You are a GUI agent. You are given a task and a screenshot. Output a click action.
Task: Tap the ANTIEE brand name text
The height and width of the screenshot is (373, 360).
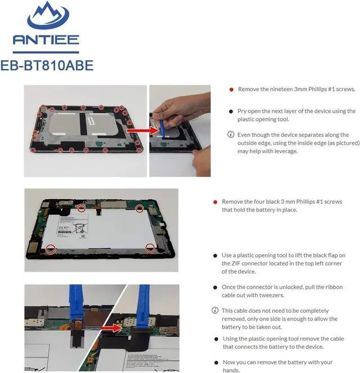pos(46,40)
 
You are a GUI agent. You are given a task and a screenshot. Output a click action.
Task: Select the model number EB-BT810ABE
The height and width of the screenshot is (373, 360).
pos(47,65)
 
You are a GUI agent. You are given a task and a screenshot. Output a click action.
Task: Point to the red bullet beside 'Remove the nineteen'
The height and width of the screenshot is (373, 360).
pos(231,89)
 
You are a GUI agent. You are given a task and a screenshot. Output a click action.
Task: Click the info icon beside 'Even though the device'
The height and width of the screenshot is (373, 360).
pos(231,134)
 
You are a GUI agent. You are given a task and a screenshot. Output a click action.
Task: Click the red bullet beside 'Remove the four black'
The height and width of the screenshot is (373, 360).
pos(215,202)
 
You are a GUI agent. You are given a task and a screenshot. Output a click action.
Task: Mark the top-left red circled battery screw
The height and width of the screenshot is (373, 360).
pos(82,208)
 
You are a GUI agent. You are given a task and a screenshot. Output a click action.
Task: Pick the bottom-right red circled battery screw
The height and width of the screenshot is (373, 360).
pos(150,248)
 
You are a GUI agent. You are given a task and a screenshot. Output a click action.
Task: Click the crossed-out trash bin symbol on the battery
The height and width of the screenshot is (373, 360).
pos(80,228)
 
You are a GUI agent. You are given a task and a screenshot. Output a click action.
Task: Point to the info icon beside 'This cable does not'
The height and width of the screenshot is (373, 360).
pos(215,311)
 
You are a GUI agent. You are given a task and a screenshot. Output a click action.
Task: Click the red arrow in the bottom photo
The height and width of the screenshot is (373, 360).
pos(111,328)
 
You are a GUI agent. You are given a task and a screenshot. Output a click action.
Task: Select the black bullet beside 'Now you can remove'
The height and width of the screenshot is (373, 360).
pos(216,363)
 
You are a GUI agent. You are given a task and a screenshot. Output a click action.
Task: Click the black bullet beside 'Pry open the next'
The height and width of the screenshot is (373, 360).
pos(231,111)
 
